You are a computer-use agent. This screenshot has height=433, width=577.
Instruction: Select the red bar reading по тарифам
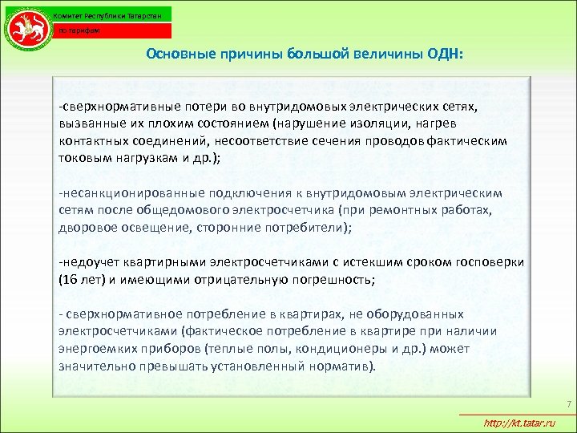(x=113, y=30)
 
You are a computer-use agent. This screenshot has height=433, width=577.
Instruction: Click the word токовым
(x=83, y=157)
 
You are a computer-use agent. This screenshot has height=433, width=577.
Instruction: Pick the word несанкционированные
(x=131, y=193)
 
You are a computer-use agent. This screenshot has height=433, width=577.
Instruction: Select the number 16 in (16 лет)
(x=70, y=280)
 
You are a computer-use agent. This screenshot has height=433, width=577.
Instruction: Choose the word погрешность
(x=328, y=280)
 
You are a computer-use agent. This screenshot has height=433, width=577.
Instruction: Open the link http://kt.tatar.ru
(x=520, y=423)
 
